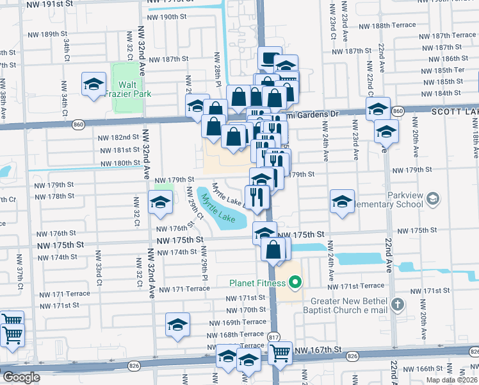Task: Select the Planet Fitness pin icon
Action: [x=295, y=282]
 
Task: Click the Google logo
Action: [x=20, y=377]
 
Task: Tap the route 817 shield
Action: [x=274, y=336]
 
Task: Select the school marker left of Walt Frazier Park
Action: [x=93, y=85]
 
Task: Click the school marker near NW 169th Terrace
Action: [x=177, y=325]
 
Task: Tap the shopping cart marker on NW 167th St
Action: [x=280, y=352]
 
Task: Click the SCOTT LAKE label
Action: [x=453, y=111]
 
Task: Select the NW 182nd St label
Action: [x=118, y=137]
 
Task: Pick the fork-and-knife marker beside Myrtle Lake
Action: [x=257, y=198]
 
